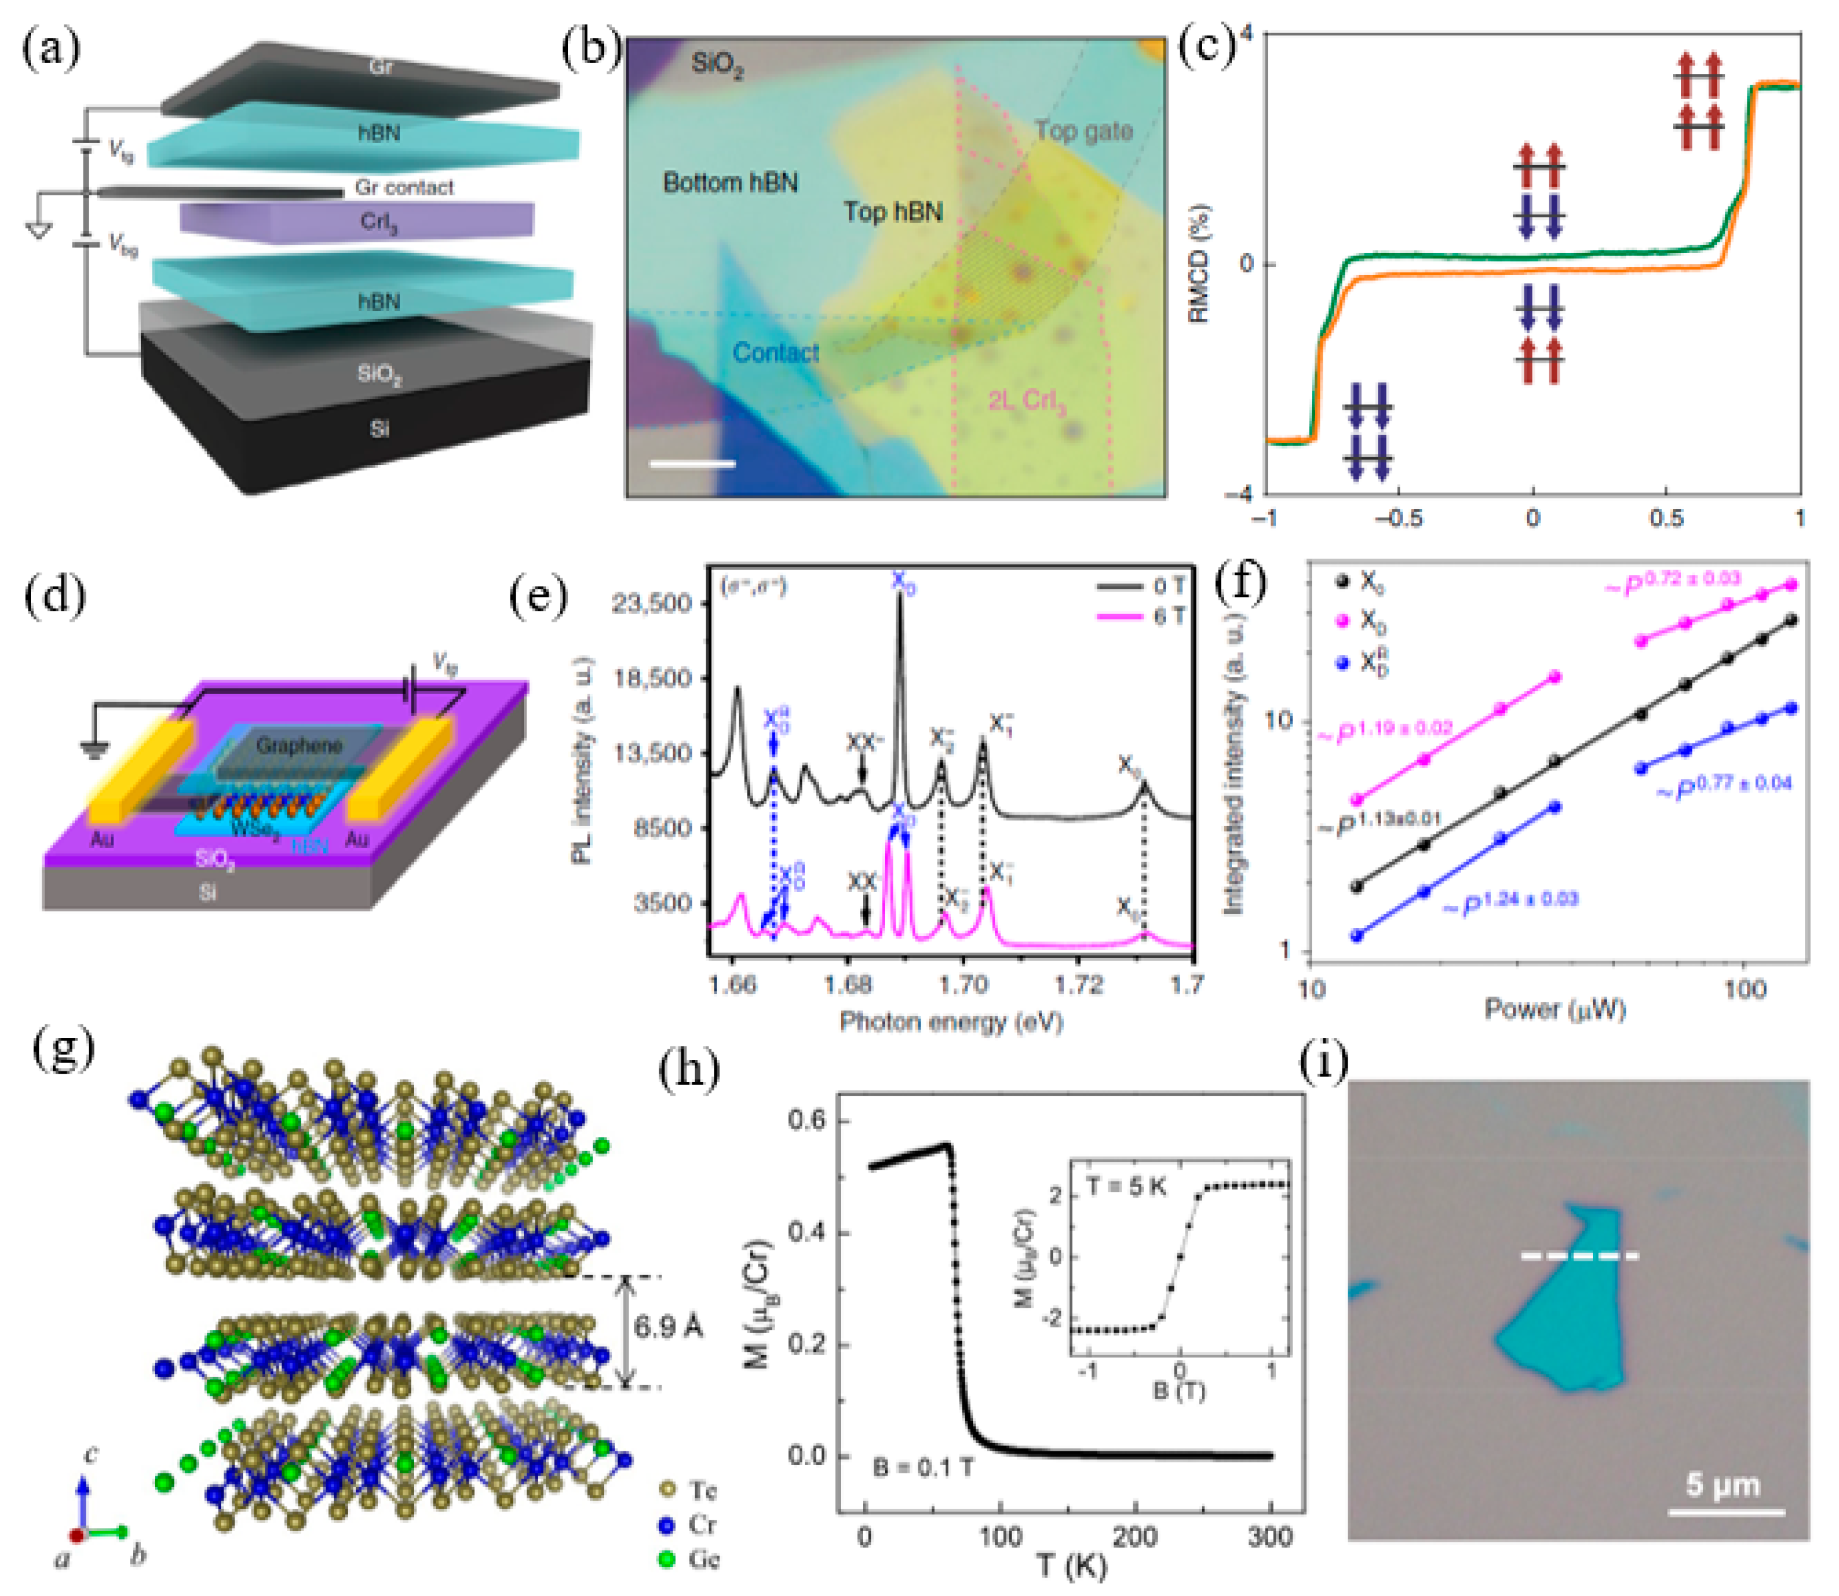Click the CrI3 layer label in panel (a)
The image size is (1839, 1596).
click(379, 221)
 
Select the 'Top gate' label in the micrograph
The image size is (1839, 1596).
click(1083, 131)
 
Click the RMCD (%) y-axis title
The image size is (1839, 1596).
click(1199, 264)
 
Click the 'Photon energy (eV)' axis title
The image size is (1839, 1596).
click(950, 1021)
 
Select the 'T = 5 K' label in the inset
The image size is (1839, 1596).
click(1127, 1187)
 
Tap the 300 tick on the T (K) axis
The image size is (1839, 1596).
click(1269, 1537)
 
